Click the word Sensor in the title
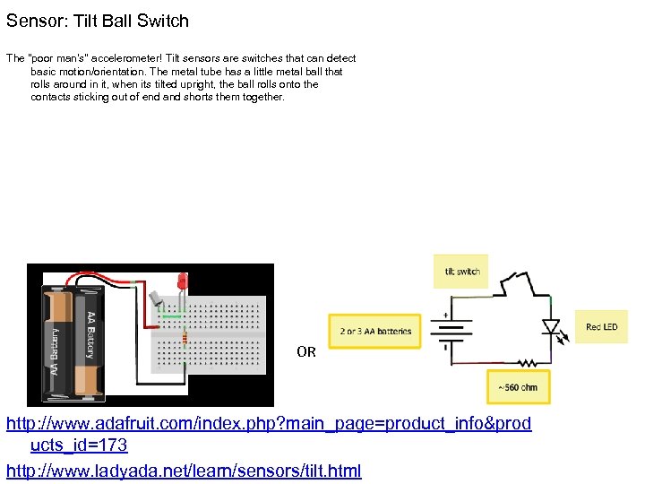(33, 20)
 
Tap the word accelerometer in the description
(107, 58)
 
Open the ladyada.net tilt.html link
(184, 470)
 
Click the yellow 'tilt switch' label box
(461, 272)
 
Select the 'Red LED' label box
(601, 327)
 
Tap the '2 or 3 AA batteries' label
(376, 331)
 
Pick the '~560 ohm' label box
(518, 387)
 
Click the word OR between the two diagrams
(306, 352)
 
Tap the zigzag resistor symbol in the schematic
(529, 363)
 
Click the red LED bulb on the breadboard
(182, 281)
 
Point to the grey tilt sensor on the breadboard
(159, 299)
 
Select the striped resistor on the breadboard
(185, 339)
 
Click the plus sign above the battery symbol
(445, 315)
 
